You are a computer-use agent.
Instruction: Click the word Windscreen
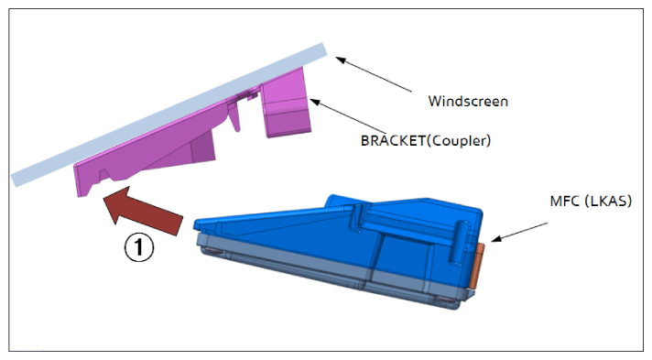(468, 101)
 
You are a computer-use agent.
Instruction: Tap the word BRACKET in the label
(393, 141)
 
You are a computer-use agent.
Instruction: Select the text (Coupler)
(459, 141)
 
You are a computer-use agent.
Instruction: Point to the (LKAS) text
(608, 201)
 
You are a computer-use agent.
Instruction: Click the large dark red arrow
(141, 210)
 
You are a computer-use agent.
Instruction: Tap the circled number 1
(139, 247)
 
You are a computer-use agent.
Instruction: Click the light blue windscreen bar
(168, 115)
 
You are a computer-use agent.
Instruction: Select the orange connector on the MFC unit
(476, 266)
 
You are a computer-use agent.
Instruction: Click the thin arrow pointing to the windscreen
(374, 74)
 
